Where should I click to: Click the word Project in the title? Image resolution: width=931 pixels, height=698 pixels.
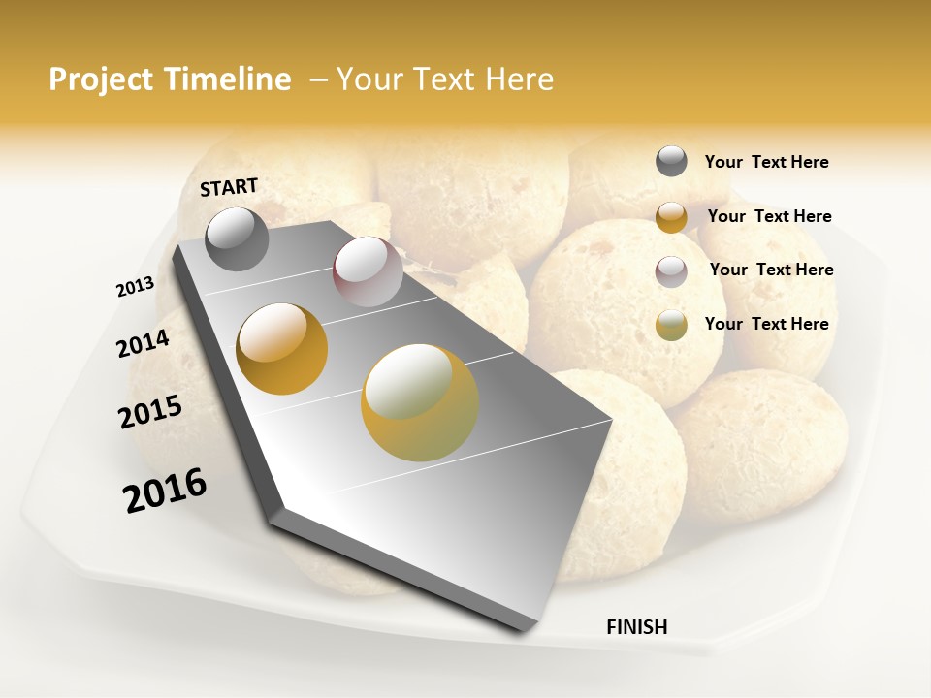(x=98, y=79)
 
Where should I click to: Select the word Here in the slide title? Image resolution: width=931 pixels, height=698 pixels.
(x=519, y=79)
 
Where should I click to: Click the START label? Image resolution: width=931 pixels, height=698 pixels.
(x=229, y=187)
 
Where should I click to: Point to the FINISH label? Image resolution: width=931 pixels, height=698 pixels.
(x=637, y=627)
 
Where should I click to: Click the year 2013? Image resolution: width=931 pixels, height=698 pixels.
(x=135, y=287)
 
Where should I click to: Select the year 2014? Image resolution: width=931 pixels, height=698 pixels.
(x=144, y=343)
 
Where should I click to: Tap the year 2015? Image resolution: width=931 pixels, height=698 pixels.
(x=150, y=412)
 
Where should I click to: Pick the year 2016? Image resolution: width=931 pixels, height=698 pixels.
(x=165, y=491)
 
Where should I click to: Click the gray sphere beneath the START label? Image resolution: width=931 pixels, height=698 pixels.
(x=237, y=238)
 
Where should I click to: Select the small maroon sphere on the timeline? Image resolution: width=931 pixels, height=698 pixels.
(x=368, y=271)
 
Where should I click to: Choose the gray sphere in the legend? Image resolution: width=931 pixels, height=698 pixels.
(x=671, y=162)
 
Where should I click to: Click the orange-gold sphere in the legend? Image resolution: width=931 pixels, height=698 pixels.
(x=671, y=216)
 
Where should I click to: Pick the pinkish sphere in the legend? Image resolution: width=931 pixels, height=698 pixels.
(x=671, y=270)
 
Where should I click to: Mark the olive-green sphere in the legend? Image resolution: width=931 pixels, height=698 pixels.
(x=671, y=325)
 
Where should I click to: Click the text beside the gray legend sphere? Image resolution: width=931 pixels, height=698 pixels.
(x=766, y=163)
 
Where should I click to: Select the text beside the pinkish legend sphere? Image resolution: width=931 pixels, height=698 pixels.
(x=771, y=270)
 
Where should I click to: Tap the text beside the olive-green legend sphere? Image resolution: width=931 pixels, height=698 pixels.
(x=766, y=324)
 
